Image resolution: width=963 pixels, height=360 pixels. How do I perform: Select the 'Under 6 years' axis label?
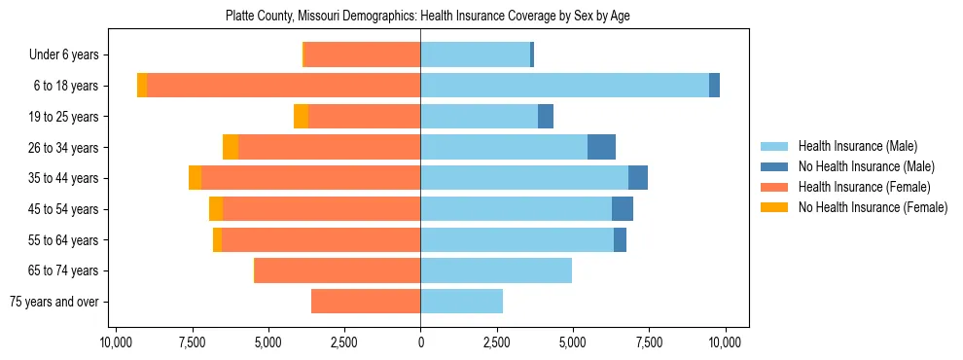pos(63,54)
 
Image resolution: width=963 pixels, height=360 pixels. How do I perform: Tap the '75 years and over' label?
pos(53,302)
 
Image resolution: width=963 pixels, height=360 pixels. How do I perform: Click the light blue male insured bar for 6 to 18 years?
pos(564,86)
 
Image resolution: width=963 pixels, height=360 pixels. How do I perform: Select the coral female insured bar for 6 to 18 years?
pos(283,86)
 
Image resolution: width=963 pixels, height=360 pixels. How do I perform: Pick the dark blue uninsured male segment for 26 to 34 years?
pos(601,147)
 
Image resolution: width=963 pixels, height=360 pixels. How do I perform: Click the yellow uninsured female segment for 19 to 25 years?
pos(301,117)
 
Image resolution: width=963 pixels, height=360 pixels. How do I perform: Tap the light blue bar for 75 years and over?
pos(461,302)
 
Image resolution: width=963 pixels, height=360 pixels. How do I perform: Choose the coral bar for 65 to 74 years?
pos(338,270)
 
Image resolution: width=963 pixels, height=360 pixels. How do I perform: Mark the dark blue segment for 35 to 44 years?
pos(638,178)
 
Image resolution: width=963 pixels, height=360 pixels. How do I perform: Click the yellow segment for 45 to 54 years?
pos(216,209)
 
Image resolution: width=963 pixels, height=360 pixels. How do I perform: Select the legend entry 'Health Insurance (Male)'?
pos(857,146)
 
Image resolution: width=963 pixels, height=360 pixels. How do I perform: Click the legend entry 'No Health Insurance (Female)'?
pos(873,207)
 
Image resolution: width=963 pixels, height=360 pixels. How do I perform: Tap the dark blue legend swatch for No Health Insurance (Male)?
pos(775,166)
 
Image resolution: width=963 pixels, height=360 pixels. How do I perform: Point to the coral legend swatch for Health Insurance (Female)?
pos(775,187)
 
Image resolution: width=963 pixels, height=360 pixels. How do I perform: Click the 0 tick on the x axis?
pos(420,342)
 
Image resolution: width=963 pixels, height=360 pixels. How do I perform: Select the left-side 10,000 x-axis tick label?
pos(116,342)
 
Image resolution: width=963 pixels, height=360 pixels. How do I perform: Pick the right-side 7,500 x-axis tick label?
pos(649,342)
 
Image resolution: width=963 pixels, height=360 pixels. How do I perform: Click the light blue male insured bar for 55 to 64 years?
pos(517,239)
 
